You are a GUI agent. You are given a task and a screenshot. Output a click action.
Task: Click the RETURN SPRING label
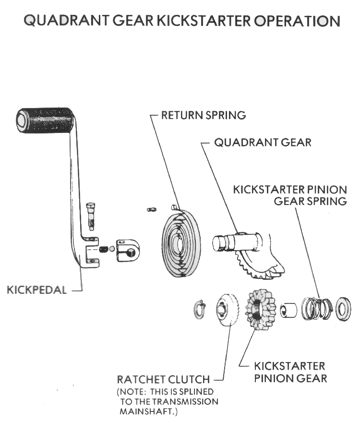[203, 115]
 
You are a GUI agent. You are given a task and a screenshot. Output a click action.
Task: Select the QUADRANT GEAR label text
[263, 142]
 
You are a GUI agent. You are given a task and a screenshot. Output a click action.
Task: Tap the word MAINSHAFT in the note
[145, 412]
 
